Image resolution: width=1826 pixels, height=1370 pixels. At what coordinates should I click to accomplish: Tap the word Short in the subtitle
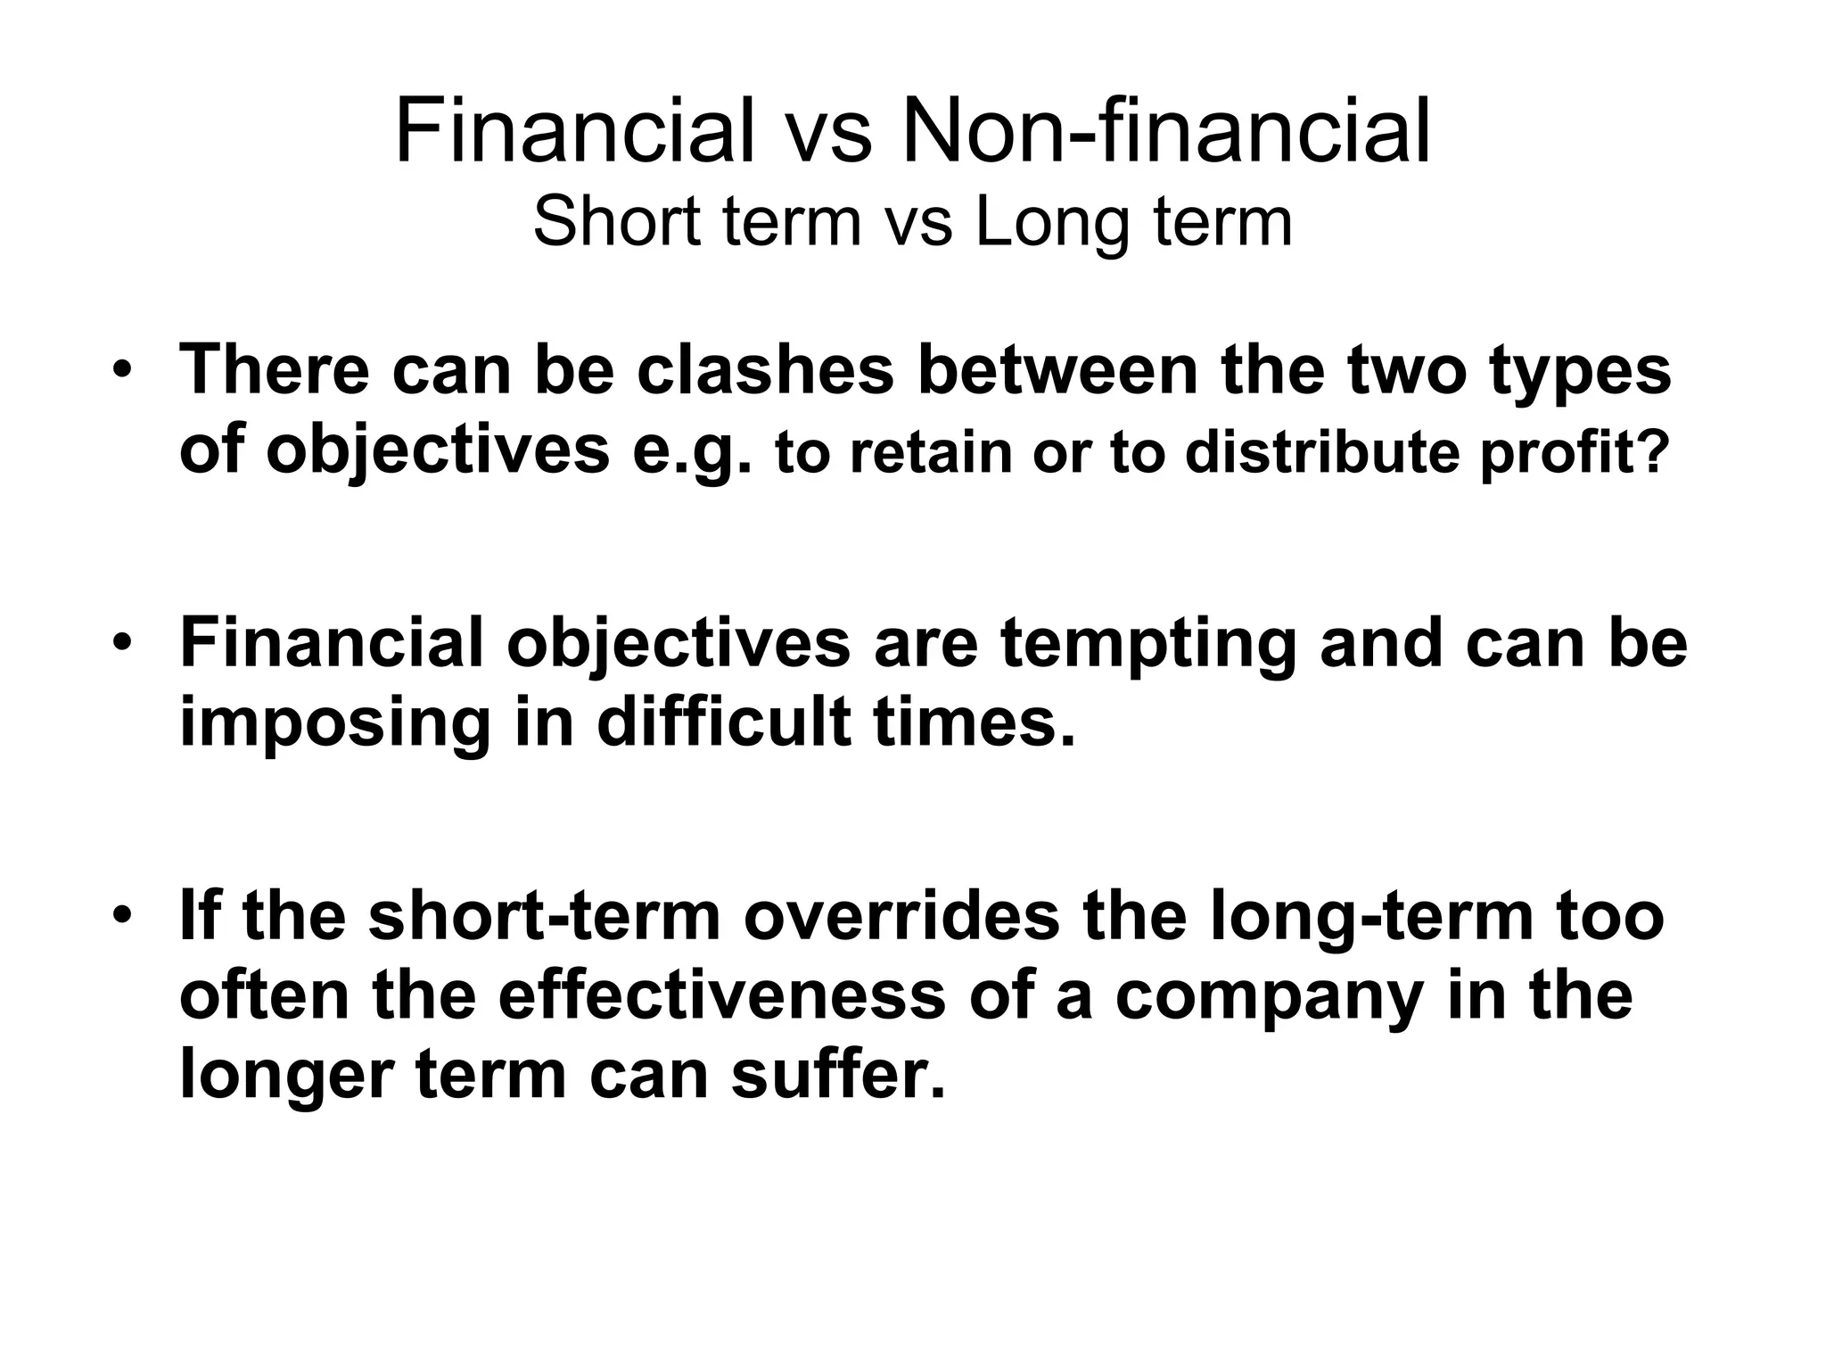pyautogui.click(x=616, y=222)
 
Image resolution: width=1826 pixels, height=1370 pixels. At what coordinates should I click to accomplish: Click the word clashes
pyautogui.click(x=765, y=370)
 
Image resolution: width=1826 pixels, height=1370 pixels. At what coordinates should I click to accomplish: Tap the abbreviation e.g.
pyautogui.click(x=693, y=451)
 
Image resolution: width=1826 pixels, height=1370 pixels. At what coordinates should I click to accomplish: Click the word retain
pyautogui.click(x=931, y=452)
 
